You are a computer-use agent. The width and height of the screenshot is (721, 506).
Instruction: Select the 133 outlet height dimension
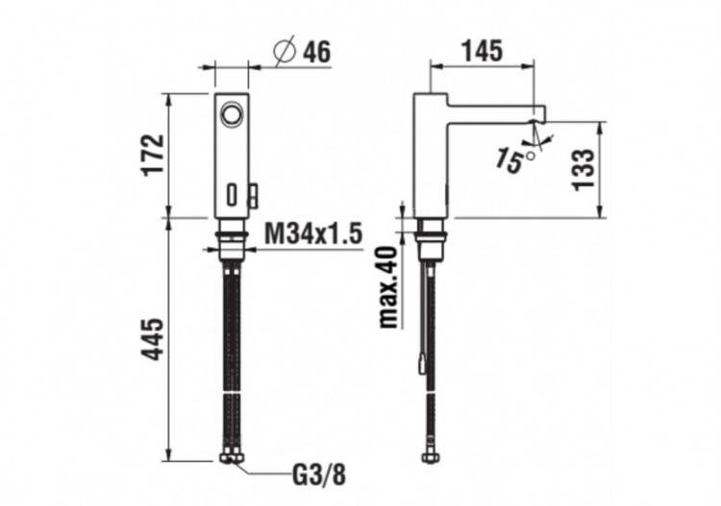tap(584, 169)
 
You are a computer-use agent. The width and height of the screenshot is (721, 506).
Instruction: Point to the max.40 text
tap(388, 286)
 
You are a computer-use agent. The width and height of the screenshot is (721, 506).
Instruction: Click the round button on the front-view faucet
tap(231, 116)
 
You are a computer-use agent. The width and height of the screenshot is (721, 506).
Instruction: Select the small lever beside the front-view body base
tap(253, 197)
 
